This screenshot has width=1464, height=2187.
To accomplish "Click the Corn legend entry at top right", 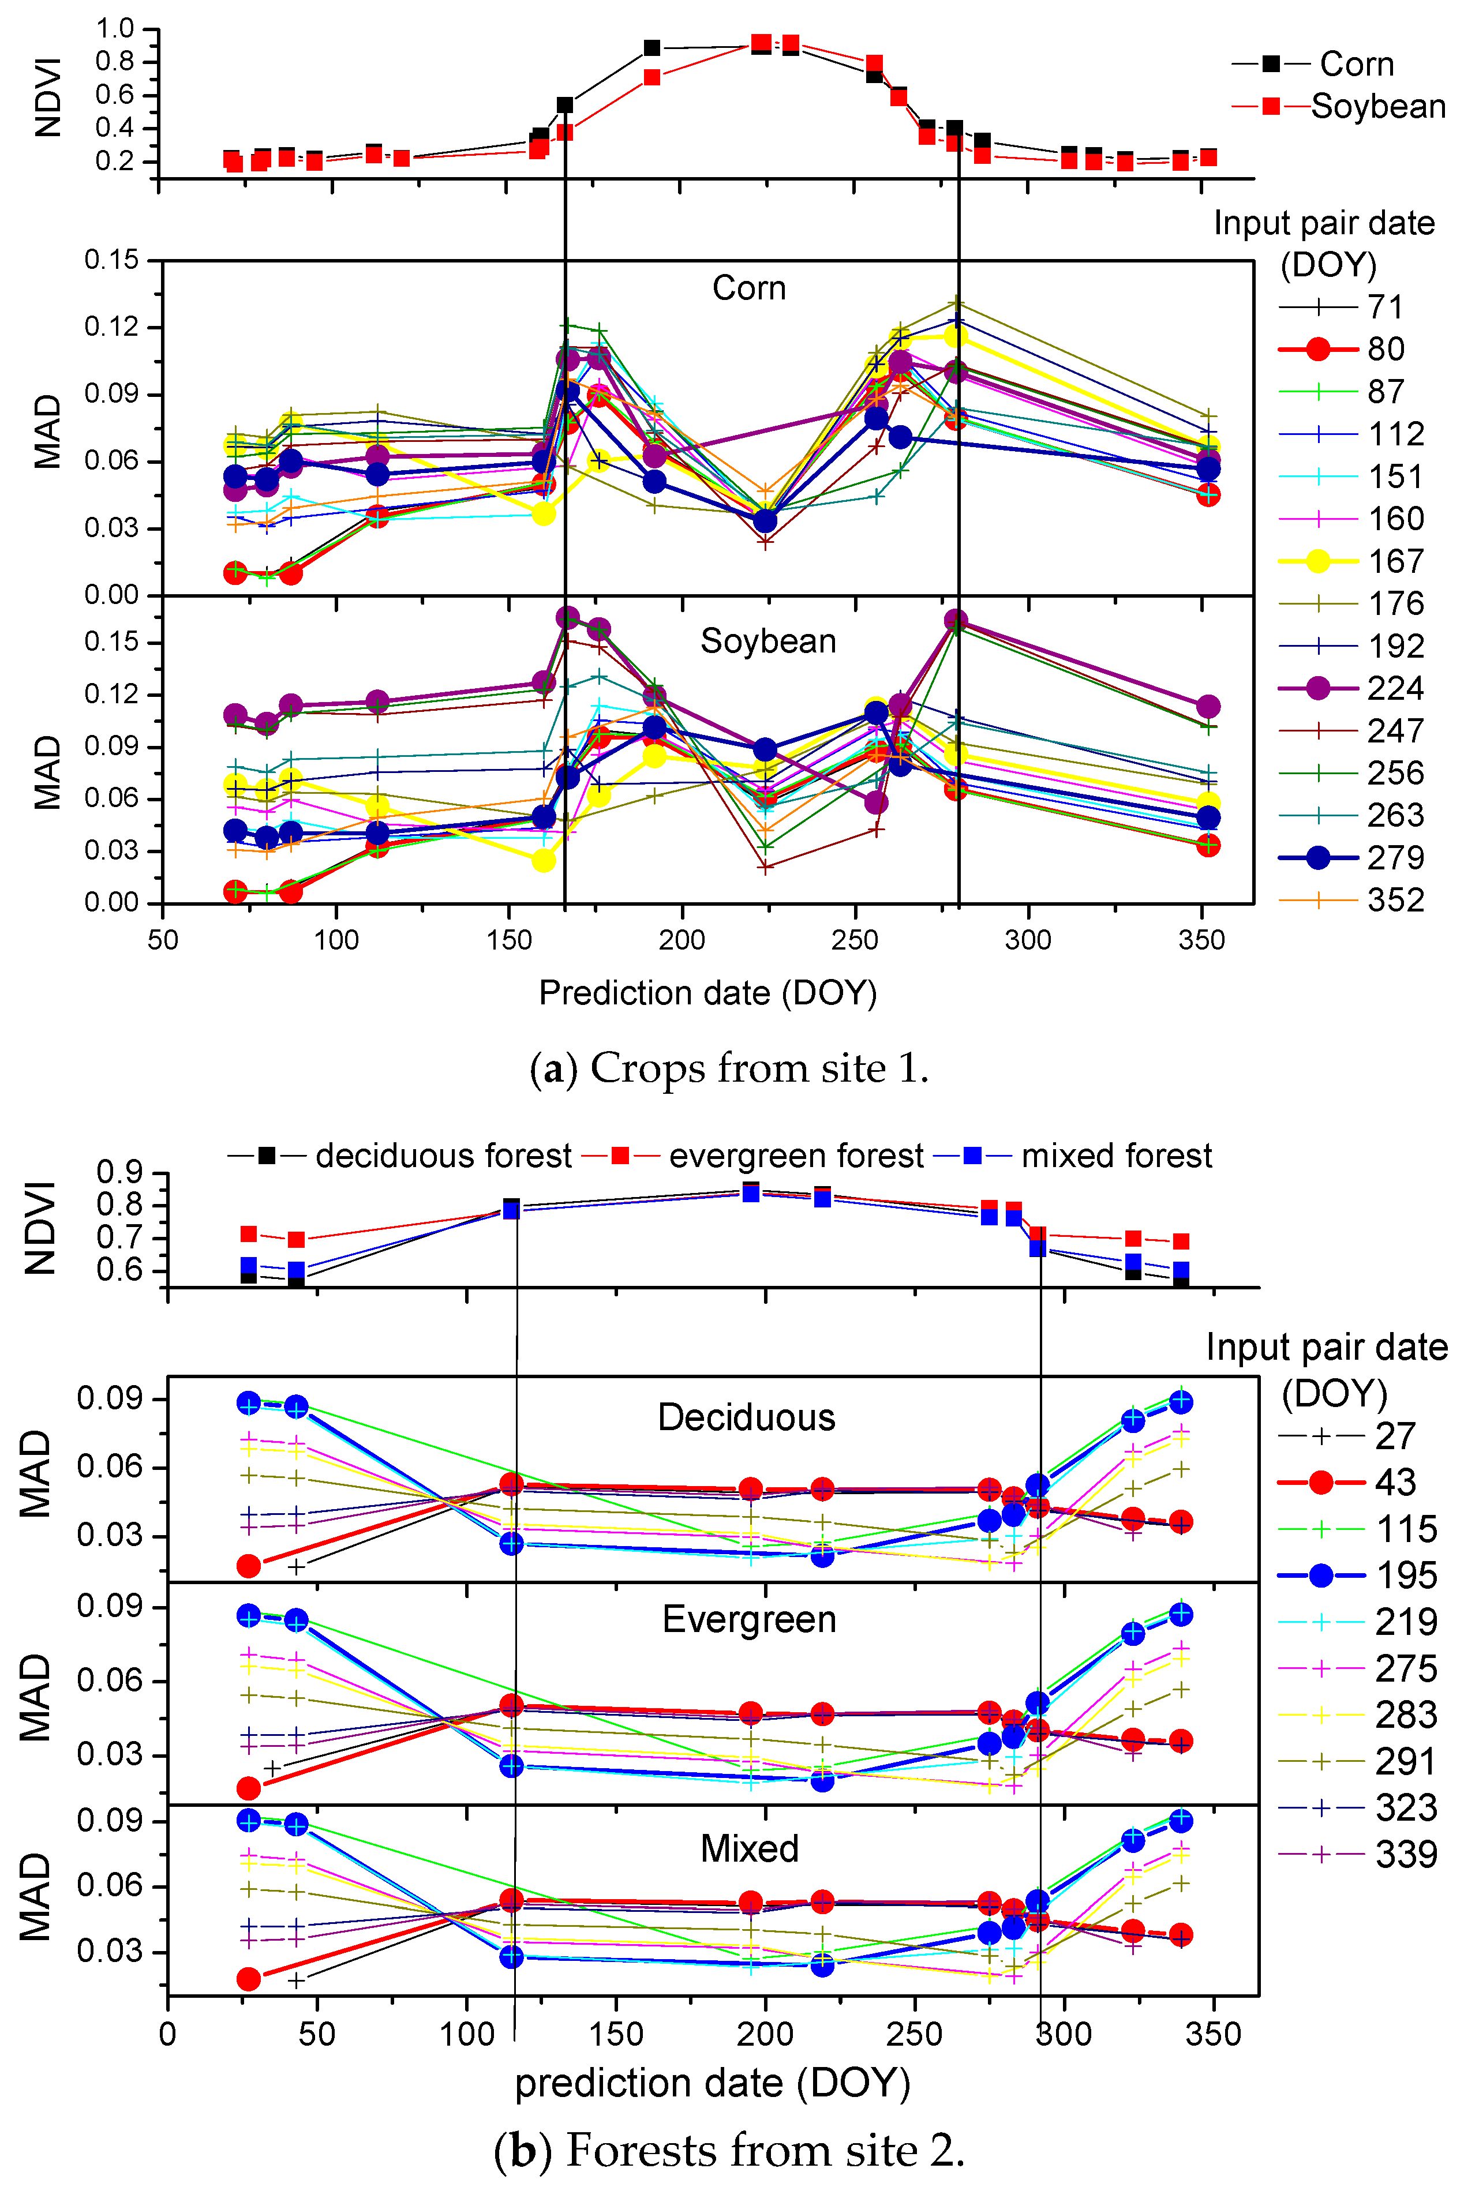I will click(1356, 65).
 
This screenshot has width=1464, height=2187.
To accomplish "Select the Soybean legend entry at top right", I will click(1377, 106).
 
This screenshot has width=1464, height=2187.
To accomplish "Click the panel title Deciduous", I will click(746, 1417).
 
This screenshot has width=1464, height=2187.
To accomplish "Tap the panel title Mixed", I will click(750, 1848).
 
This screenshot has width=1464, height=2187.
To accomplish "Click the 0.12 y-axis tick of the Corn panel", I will click(111, 327).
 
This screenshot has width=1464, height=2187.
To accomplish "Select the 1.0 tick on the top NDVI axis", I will click(115, 29).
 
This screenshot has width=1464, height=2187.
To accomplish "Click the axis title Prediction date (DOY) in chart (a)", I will click(707, 992).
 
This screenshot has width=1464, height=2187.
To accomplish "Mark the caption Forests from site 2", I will click(765, 2150).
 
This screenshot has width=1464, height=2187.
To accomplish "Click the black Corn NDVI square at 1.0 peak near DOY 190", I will click(652, 48).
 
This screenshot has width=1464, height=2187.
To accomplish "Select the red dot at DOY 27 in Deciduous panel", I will click(248, 1565).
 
